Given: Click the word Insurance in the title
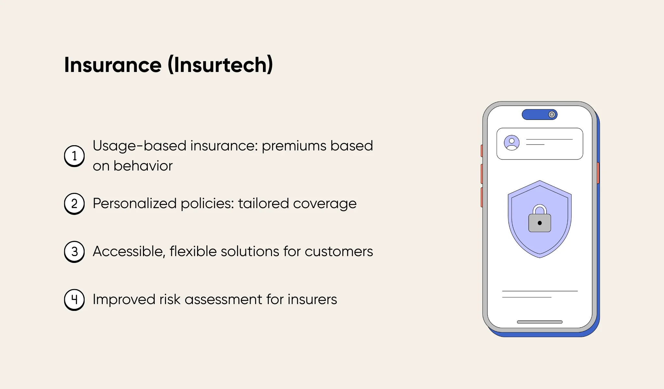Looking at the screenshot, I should click(113, 65).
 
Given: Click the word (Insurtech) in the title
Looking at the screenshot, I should click(220, 65).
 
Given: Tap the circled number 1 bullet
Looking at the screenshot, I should click(74, 156).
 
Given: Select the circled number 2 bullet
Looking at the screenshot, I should click(74, 204).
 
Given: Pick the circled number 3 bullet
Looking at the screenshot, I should click(74, 252).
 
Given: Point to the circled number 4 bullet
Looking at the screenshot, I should click(74, 299).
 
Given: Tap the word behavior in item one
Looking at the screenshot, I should click(143, 166).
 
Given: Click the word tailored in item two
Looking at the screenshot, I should click(263, 204).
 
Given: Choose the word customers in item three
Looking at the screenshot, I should click(339, 252).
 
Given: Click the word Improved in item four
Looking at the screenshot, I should click(124, 299).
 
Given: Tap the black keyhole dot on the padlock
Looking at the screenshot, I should click(540, 223).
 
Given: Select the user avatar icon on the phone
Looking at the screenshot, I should click(512, 143).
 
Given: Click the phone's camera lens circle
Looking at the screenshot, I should click(552, 114).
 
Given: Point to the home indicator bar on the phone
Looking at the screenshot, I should click(540, 322).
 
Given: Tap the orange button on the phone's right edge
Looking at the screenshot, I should click(598, 173).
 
